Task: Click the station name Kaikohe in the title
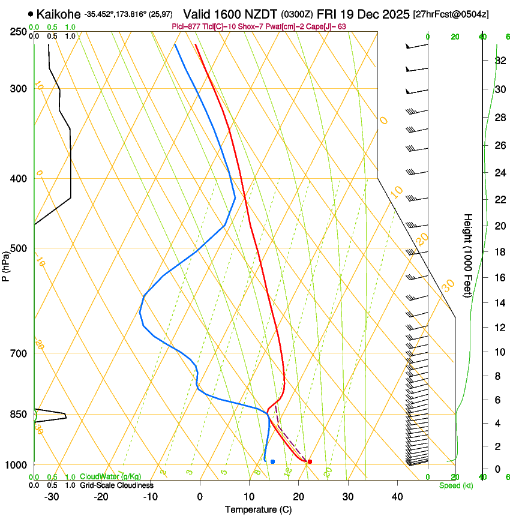tap(58, 13)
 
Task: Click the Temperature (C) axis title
tap(258, 509)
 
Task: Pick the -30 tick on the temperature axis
tap(52, 497)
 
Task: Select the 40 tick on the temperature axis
tap(397, 497)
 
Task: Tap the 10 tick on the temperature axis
tap(249, 497)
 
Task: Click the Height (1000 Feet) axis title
tap(468, 255)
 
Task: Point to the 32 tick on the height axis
tap(499, 61)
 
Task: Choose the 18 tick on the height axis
tap(499, 252)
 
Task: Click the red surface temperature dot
tap(310, 461)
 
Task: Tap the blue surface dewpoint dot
tap(272, 461)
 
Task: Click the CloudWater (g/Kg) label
tap(110, 477)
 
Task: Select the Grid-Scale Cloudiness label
tap(116, 485)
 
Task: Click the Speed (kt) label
tap(455, 485)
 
